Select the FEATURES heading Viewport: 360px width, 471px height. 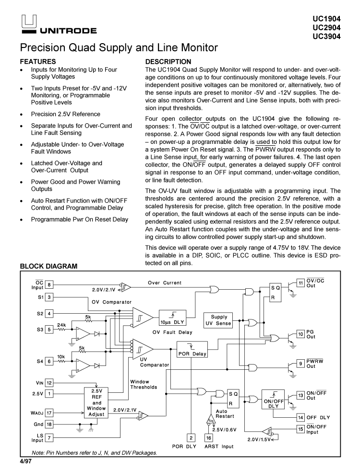point(38,61)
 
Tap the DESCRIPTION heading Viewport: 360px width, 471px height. point(168,61)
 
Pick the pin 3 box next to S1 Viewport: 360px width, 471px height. point(49,297)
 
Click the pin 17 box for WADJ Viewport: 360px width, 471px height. point(49,412)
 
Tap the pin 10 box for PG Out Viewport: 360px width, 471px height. point(300,333)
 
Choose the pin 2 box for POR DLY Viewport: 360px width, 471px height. point(191,437)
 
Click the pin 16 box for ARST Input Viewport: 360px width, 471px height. point(208,437)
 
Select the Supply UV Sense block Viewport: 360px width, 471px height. point(219,320)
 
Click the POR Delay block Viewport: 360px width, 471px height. point(192,351)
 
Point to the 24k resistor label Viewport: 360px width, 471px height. point(61,325)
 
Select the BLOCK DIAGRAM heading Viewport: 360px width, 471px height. point(48,266)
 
